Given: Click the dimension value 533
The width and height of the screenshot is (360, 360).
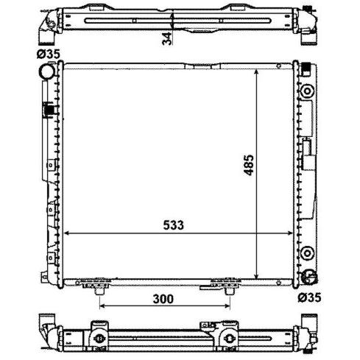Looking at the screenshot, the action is tap(173, 225).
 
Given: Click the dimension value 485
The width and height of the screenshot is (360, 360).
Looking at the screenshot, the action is tap(248, 165).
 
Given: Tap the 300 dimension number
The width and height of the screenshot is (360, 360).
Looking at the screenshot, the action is tap(163, 299).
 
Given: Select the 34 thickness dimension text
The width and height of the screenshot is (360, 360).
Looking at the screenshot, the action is tap(167, 38).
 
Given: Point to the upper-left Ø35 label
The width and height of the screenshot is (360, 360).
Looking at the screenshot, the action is tap(49, 54).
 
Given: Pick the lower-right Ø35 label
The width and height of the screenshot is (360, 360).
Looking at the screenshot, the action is tap(309, 297).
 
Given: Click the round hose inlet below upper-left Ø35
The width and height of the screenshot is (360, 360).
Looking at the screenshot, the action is tap(48, 71).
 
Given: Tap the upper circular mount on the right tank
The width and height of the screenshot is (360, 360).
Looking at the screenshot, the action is tap(307, 91).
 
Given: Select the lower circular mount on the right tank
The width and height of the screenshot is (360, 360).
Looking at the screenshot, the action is tap(307, 253).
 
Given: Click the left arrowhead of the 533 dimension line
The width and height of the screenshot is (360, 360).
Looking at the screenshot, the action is tap(66, 233).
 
